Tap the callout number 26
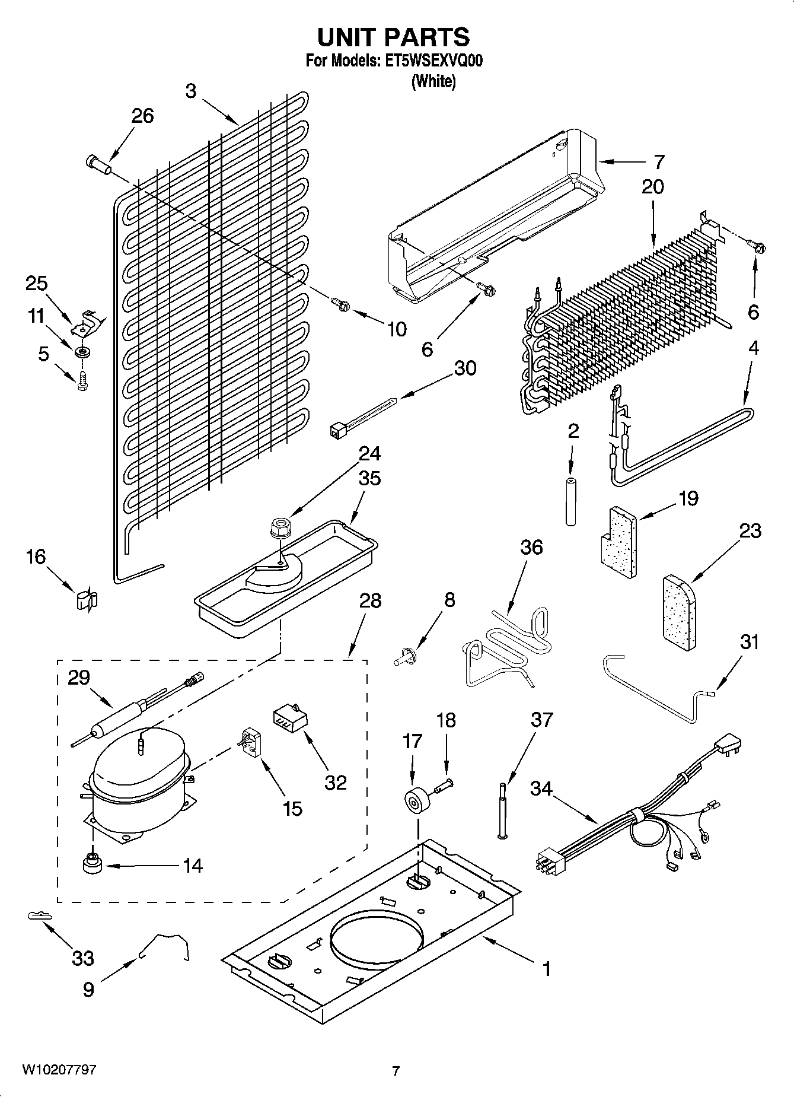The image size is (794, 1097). [142, 116]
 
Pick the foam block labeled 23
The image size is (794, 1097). [680, 611]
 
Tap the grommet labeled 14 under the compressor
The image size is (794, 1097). [93, 864]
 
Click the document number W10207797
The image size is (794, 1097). [59, 1070]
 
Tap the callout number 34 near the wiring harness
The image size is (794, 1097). [541, 789]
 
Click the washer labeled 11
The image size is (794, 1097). [82, 353]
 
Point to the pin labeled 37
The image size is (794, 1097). [503, 810]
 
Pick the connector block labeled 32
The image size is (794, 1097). [289, 719]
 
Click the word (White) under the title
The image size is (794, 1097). [433, 81]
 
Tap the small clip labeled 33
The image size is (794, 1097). [38, 916]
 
